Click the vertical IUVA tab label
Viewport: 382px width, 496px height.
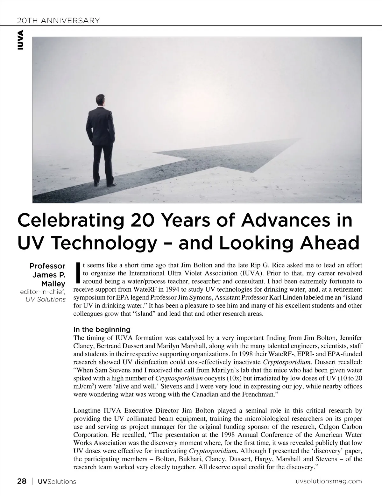tap(21, 40)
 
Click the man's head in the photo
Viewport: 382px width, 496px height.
tap(101, 100)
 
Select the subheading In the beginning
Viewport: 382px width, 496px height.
tap(102, 329)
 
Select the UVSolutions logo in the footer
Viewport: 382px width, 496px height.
tap(57, 481)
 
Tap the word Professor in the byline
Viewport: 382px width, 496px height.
tap(47, 266)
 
